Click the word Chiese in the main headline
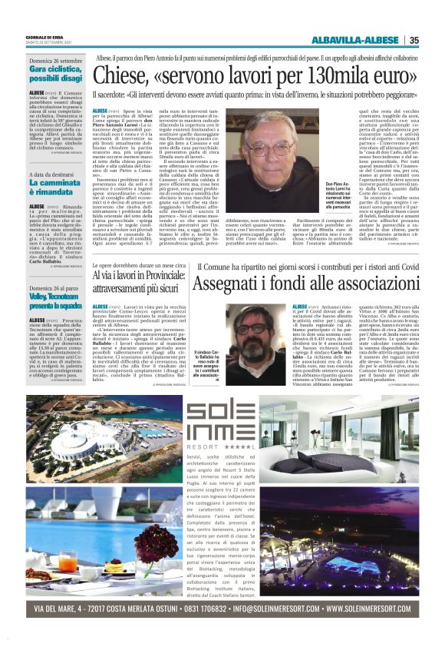(124, 77)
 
